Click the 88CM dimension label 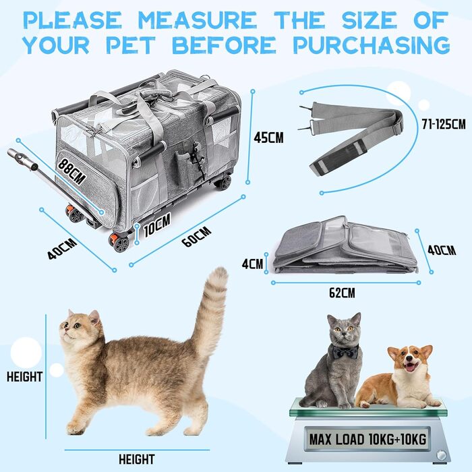72,171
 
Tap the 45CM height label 268,138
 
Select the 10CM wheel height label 157,225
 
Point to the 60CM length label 197,237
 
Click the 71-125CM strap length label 444,123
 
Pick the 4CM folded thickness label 253,264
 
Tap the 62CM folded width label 342,293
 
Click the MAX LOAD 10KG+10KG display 368,439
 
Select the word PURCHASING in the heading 372,45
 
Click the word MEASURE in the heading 197,20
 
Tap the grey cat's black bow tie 345,351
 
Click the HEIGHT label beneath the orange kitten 137,460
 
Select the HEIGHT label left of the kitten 24,376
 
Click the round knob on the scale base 441,455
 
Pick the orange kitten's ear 94,317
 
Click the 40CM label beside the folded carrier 442,250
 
